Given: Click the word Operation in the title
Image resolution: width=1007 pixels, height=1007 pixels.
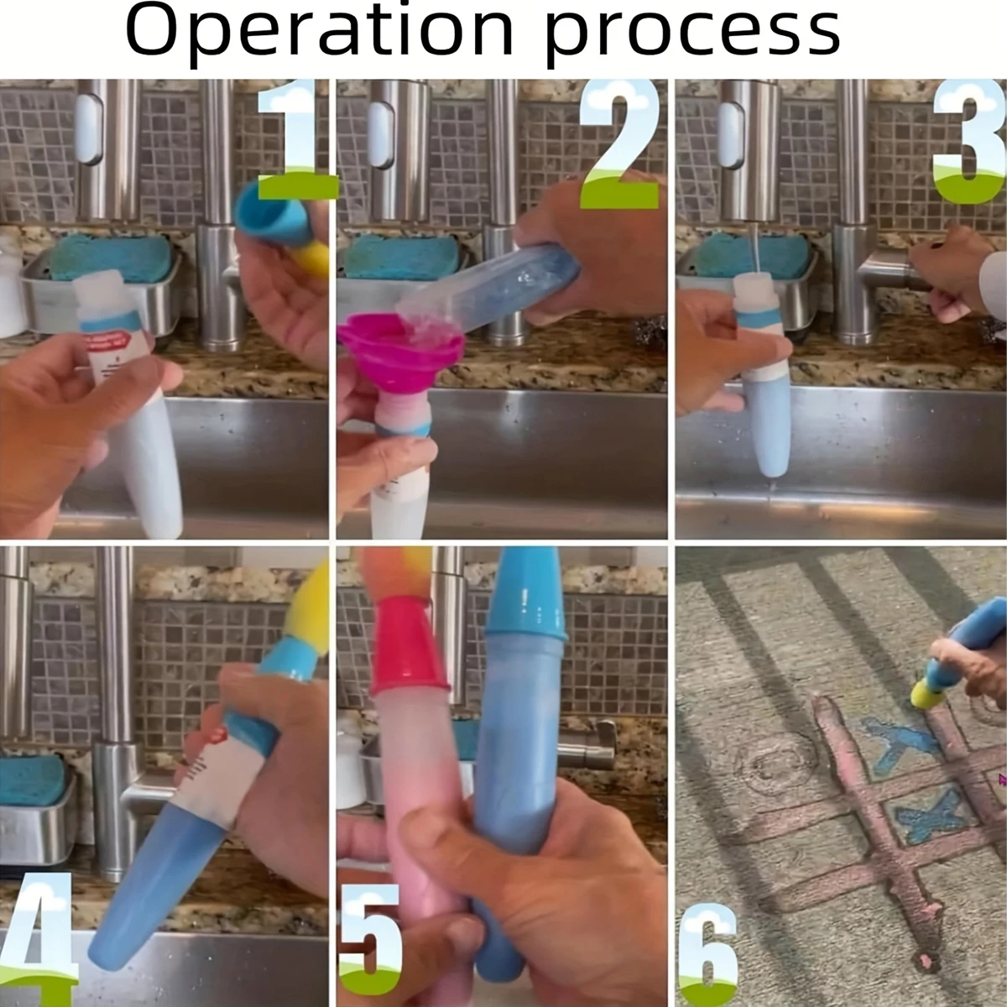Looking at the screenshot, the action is [320, 31].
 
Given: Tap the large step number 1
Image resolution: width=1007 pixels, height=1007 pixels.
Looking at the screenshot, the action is [296, 140].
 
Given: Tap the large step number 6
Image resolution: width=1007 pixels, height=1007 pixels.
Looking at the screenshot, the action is [708, 949].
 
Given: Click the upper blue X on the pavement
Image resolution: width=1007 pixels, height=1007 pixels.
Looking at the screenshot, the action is [900, 742].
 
